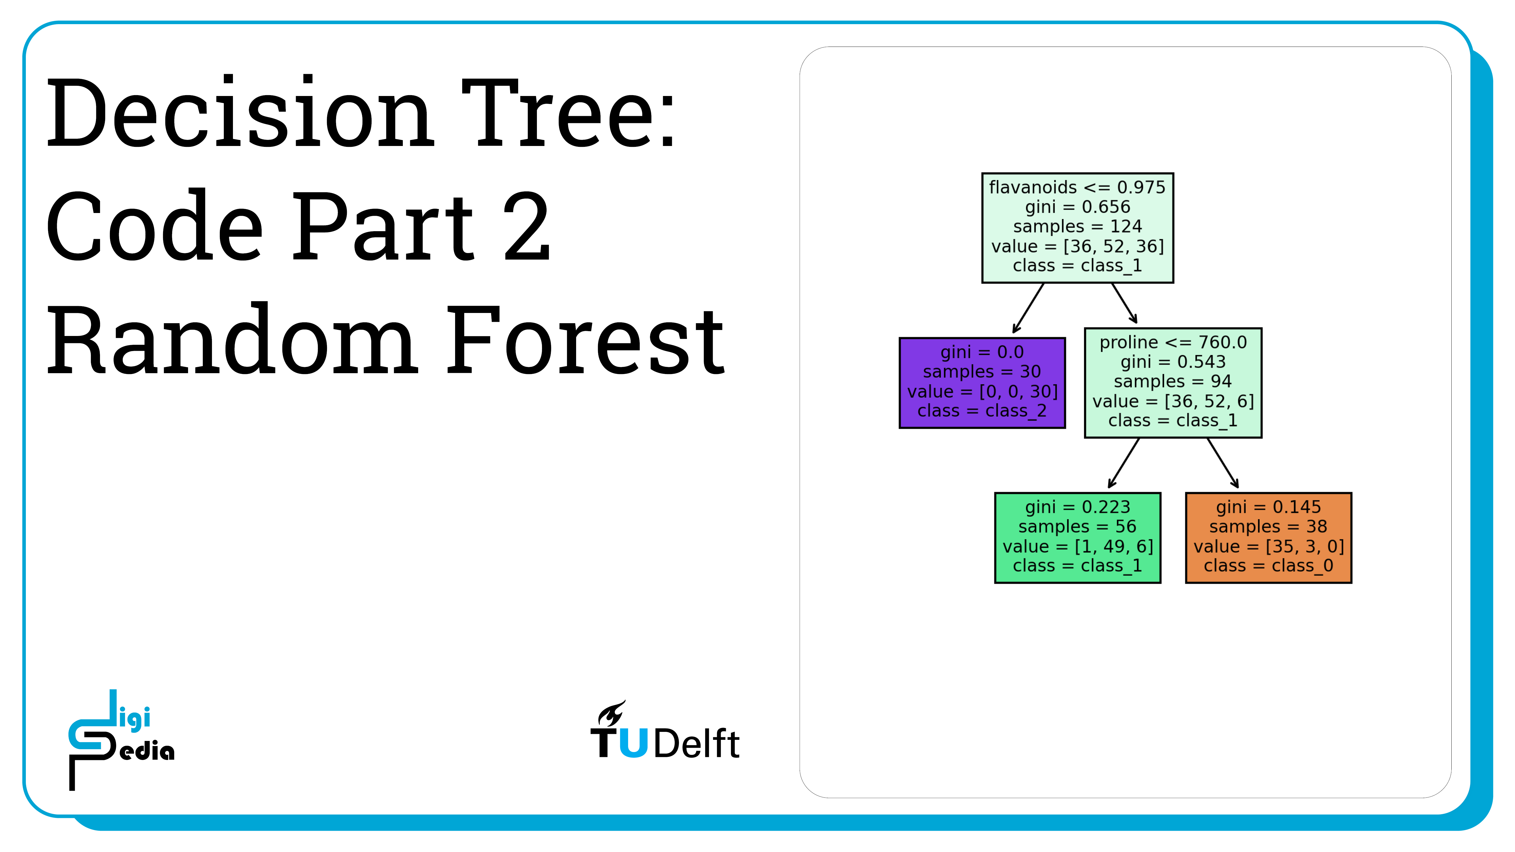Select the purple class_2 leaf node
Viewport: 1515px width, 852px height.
pos(982,383)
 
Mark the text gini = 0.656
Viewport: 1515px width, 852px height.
pos(1078,207)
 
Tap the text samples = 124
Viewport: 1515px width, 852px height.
pos(1078,226)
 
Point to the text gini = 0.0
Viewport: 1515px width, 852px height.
pos(982,352)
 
